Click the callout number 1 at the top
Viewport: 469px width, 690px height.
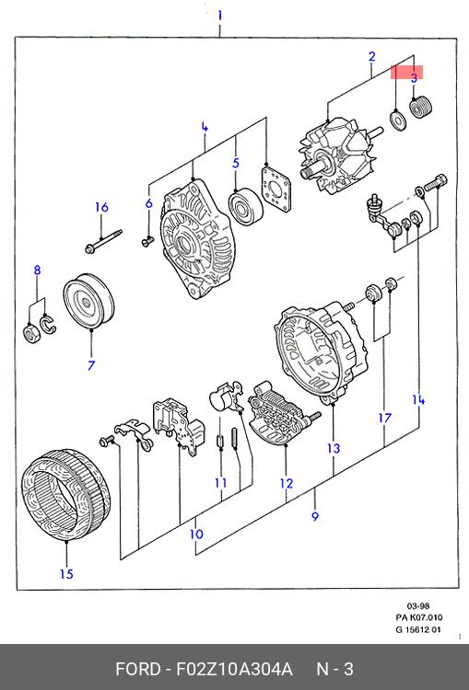pyautogui.click(x=219, y=17)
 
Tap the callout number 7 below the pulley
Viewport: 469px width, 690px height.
pyautogui.click(x=91, y=365)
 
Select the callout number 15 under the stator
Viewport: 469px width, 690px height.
pyautogui.click(x=66, y=574)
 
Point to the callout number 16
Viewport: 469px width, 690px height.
pyautogui.click(x=101, y=207)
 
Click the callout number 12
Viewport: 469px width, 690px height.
pyautogui.click(x=286, y=484)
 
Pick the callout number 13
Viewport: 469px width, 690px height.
pyautogui.click(x=334, y=448)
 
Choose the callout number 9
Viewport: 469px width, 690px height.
pyautogui.click(x=315, y=516)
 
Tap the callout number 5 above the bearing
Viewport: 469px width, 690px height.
pyautogui.click(x=236, y=163)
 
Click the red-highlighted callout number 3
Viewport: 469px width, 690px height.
pyautogui.click(x=414, y=78)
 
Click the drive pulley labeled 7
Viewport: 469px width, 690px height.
pyautogui.click(x=88, y=302)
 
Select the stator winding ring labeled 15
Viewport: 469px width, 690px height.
pyautogui.click(x=65, y=496)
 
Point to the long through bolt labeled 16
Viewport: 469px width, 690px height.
pyautogui.click(x=103, y=241)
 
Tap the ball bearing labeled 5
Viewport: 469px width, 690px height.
pyautogui.click(x=246, y=206)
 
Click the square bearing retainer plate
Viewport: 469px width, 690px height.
pyautogui.click(x=276, y=189)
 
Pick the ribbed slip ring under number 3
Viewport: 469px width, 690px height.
pyautogui.click(x=422, y=107)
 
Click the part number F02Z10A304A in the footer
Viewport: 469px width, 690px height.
pyautogui.click(x=234, y=669)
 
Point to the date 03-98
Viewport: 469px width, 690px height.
pyautogui.click(x=418, y=605)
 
